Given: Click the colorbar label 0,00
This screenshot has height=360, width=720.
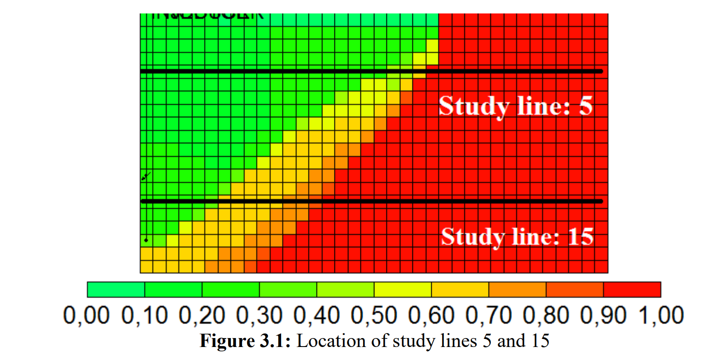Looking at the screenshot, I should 86,315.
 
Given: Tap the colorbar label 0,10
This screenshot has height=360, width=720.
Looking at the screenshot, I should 144,315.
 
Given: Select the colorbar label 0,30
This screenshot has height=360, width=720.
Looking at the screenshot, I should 259,315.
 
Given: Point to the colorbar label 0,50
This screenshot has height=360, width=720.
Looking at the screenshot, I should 374,315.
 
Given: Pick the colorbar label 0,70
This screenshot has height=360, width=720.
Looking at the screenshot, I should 489,315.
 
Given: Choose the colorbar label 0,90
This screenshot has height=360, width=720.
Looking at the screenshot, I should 603,315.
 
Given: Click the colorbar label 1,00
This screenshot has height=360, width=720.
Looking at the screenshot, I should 661,315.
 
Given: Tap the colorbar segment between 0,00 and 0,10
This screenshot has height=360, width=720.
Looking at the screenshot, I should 116,290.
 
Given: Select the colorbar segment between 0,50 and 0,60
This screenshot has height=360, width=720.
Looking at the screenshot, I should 403,290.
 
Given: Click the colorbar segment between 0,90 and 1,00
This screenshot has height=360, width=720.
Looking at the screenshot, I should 632,290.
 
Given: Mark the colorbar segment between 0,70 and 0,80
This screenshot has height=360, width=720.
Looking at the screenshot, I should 517,290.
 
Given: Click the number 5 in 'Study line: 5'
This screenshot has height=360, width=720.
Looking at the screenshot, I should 586,106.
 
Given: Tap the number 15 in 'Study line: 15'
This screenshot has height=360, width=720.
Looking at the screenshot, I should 581,236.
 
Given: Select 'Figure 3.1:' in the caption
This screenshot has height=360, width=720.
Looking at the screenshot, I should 245,341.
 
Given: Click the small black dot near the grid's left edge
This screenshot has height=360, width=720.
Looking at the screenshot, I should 146,240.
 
